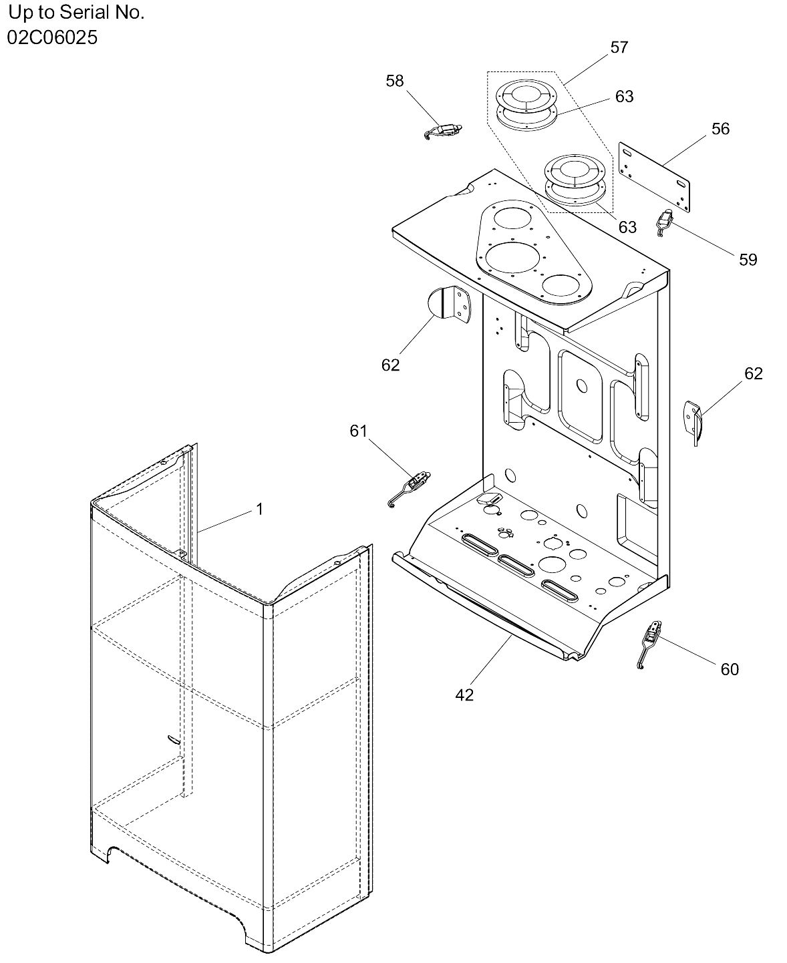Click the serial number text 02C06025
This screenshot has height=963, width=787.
(52, 37)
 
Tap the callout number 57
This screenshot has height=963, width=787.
(619, 47)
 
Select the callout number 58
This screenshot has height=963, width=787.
(395, 81)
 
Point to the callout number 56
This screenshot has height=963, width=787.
(720, 129)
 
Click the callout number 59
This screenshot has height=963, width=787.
(748, 259)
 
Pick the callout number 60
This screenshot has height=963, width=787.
(730, 669)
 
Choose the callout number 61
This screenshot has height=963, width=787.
(358, 431)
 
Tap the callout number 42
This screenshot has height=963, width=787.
(464, 695)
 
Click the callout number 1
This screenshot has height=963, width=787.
(259, 509)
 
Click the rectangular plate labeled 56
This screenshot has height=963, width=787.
(654, 177)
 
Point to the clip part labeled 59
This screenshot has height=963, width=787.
(665, 222)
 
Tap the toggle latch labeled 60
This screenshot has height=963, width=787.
(649, 644)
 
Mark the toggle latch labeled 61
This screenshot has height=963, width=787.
(409, 489)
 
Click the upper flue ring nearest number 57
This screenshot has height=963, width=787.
(526, 105)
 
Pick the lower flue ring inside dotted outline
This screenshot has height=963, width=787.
(575, 180)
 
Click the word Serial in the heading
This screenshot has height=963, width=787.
(86, 13)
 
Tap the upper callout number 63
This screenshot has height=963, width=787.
(625, 96)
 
